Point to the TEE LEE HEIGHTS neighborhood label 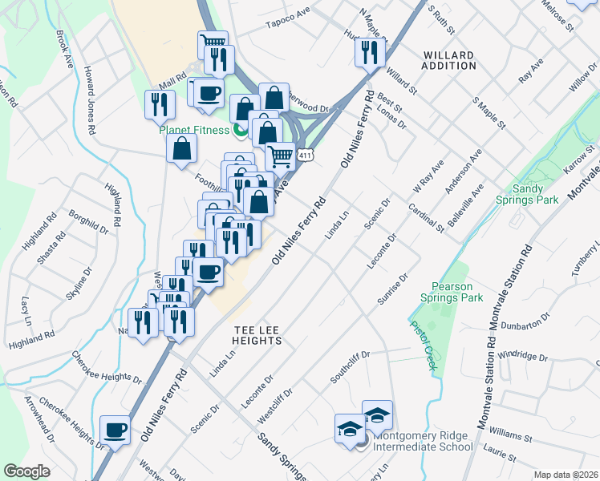(x=257, y=335)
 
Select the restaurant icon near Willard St (x=370, y=52)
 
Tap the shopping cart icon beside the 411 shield (x=280, y=156)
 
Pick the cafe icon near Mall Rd (x=209, y=92)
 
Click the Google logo (x=27, y=471)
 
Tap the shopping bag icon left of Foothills (x=182, y=148)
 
